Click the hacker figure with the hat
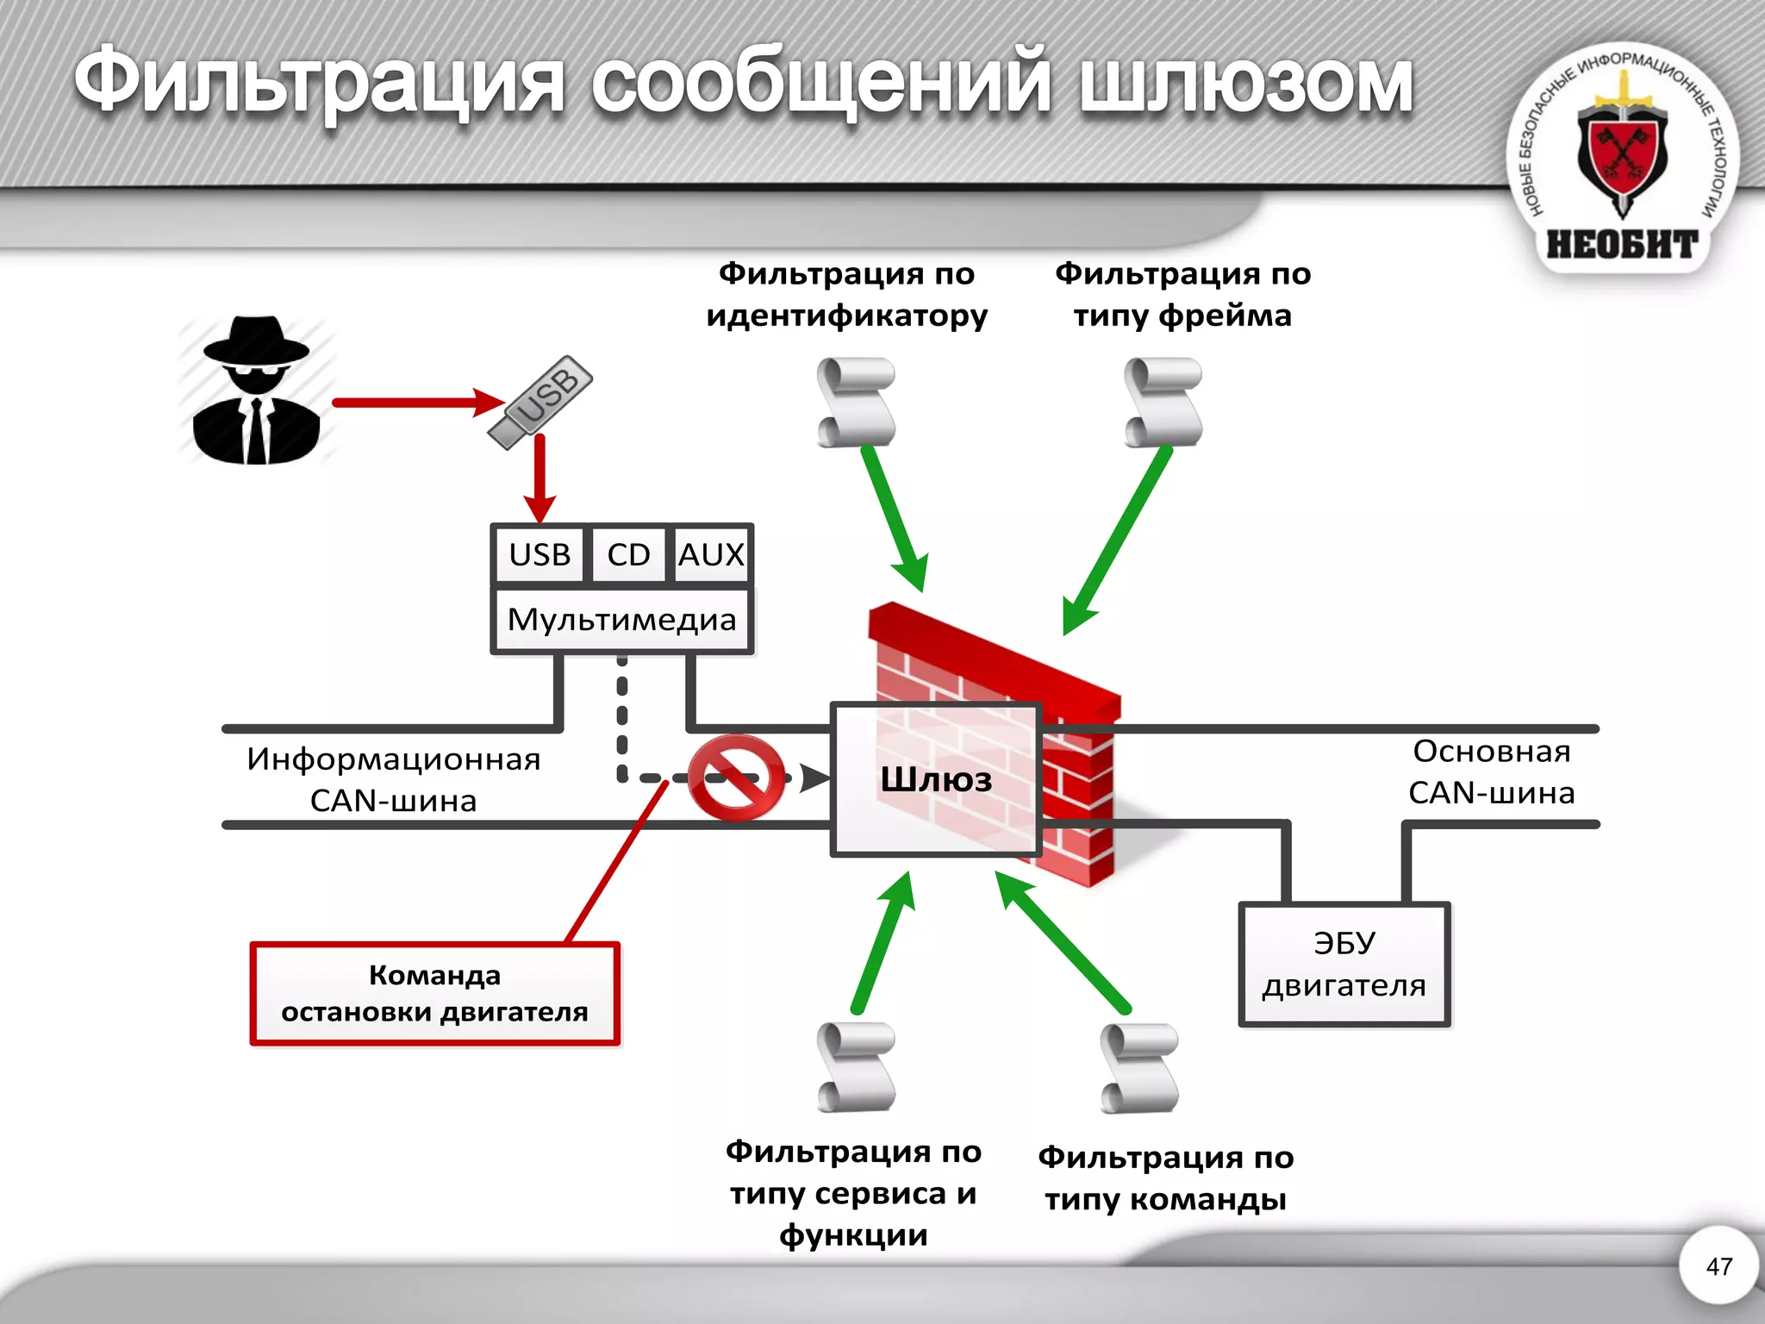(256, 392)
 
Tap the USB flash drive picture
(540, 402)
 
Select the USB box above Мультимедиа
(539, 554)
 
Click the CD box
(628, 554)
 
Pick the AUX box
(711, 554)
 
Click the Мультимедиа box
(621, 620)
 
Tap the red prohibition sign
(736, 777)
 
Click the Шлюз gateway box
(936, 779)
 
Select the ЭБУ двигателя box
(1344, 965)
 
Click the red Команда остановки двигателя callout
(434, 994)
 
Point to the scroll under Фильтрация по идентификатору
(856, 403)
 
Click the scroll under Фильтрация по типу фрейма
(1163, 403)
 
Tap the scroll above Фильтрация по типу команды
(1139, 1068)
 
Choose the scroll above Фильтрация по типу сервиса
(856, 1067)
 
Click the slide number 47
(1718, 1266)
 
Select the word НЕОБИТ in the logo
(1622, 245)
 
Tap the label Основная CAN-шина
(1492, 771)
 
